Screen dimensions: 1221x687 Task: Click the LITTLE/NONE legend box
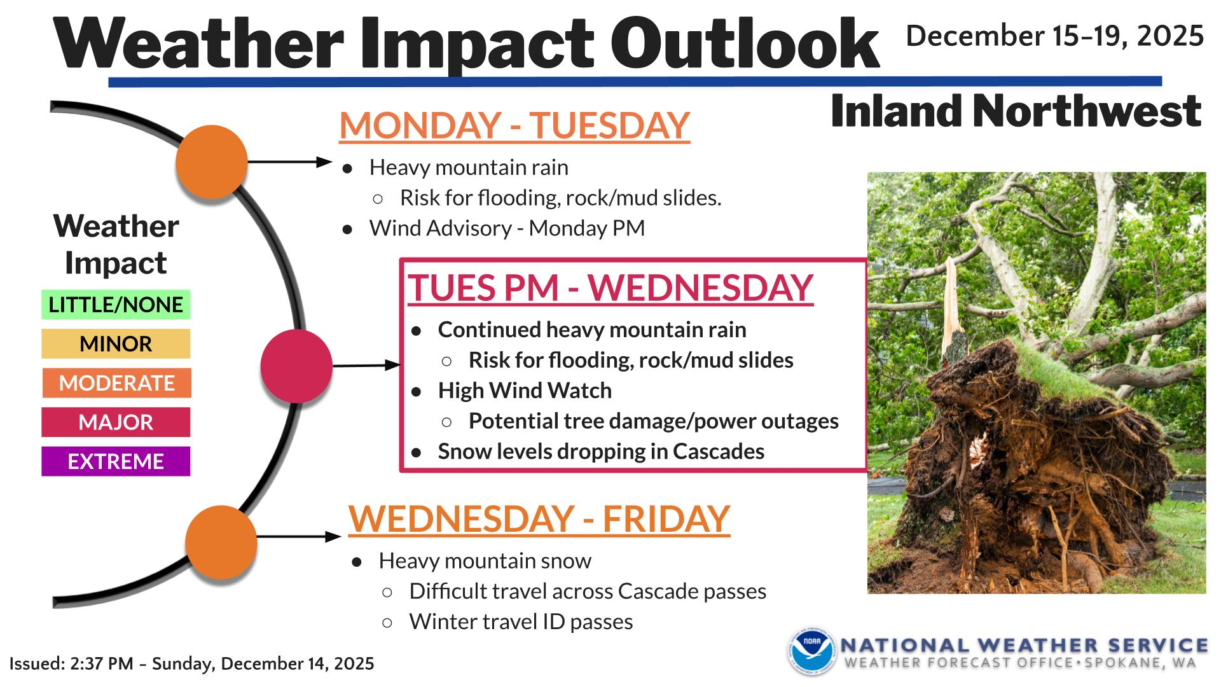point(116,305)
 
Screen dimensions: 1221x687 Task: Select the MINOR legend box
point(116,344)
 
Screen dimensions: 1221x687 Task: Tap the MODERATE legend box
point(116,383)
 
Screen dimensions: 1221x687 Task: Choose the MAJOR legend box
point(116,422)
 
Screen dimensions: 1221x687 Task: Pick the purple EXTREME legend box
point(116,461)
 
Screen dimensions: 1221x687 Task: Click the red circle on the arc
point(296,366)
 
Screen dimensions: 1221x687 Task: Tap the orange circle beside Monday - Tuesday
point(212,162)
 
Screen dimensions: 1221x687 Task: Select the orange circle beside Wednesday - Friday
point(221,542)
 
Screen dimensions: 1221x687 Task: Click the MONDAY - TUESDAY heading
point(514,125)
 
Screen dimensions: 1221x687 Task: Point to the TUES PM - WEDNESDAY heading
point(610,288)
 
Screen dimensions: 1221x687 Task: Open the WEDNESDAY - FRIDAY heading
point(539,518)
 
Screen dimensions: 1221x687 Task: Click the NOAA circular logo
point(811,651)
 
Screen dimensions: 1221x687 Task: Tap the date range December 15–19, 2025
point(1054,36)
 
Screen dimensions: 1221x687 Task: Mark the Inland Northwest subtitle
point(1016,111)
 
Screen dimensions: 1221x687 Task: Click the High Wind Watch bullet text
point(525,391)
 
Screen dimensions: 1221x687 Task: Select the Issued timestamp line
point(191,664)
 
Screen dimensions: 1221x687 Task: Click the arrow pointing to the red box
point(366,366)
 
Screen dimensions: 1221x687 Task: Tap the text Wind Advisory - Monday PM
point(507,228)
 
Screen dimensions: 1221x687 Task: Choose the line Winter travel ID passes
point(521,621)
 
